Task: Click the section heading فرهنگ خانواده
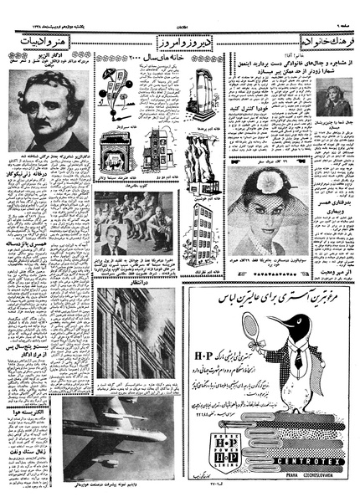(327, 41)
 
